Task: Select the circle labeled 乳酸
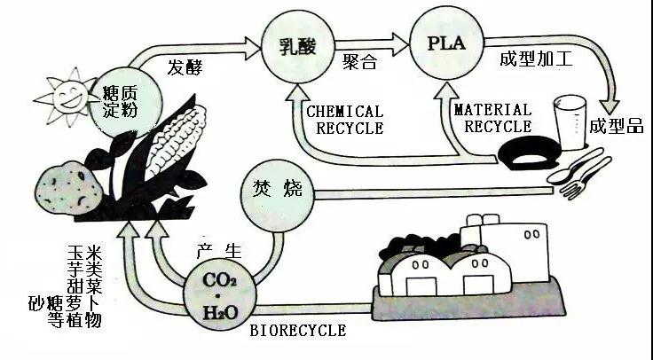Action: tap(294, 45)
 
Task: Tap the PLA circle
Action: tap(443, 43)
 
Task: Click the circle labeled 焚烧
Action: tap(276, 189)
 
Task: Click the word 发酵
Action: tap(186, 67)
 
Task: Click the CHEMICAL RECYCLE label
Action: tap(344, 120)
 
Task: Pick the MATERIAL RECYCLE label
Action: tap(492, 119)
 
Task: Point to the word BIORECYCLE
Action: tap(297, 331)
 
